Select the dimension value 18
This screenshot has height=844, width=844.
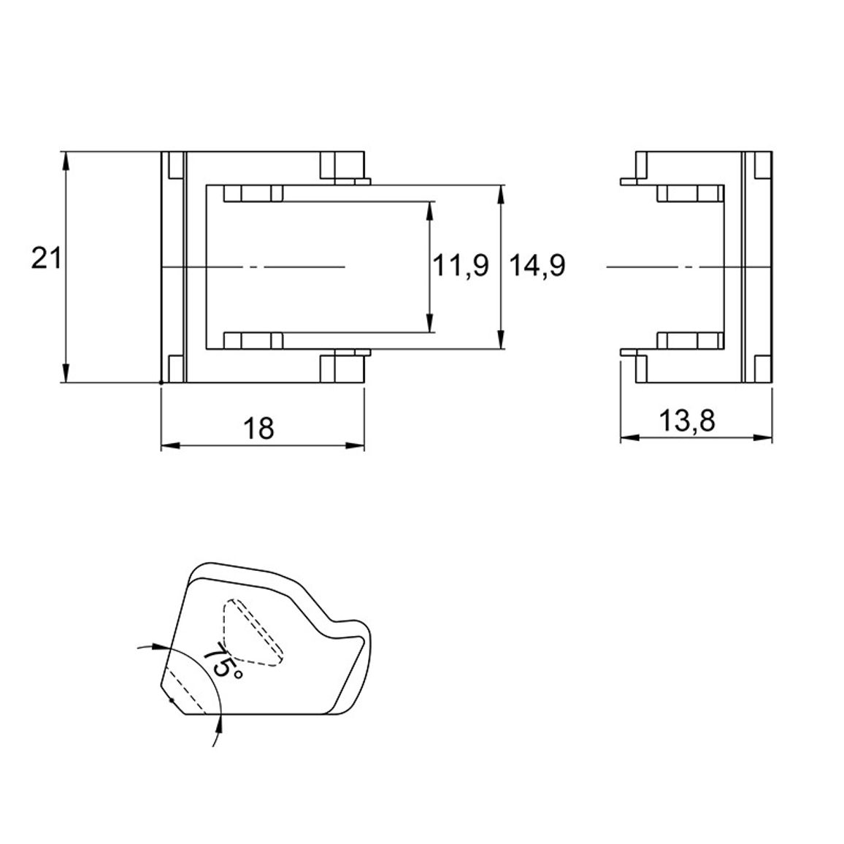(x=259, y=429)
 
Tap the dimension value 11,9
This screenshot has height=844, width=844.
(x=461, y=266)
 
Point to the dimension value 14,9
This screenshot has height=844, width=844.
(x=537, y=266)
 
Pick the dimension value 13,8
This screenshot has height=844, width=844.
(x=687, y=421)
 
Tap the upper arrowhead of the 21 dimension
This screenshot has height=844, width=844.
(x=66, y=161)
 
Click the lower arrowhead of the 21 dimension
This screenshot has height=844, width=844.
(x=66, y=373)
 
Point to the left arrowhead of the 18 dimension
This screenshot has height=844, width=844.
(x=171, y=445)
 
